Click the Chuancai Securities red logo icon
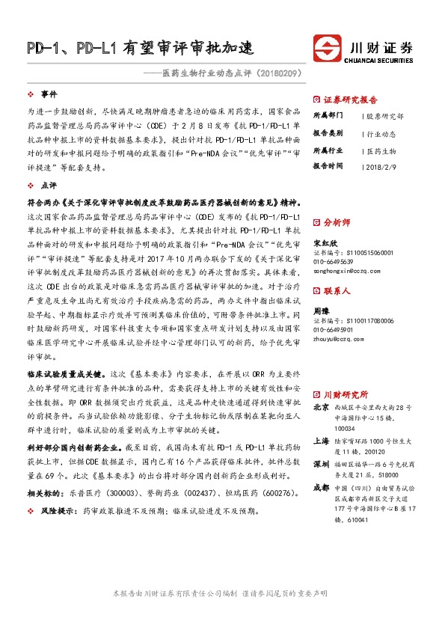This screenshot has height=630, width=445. point(326,46)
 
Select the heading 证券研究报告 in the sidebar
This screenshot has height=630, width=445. point(350,100)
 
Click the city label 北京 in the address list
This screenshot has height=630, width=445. point(321,408)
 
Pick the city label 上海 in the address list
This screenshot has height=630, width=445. point(321,441)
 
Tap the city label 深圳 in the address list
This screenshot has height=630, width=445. point(321,464)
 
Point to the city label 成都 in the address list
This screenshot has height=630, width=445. point(321,487)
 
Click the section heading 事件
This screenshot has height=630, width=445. point(49,94)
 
